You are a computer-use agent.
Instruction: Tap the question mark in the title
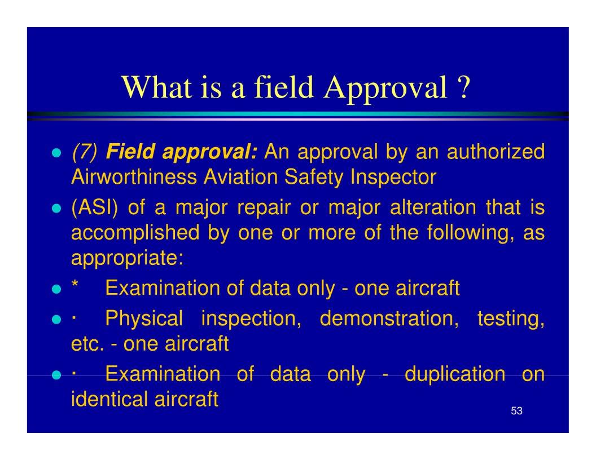pos(461,89)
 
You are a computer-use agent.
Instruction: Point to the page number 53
pos(516,411)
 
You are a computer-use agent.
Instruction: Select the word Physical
pos(144,321)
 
